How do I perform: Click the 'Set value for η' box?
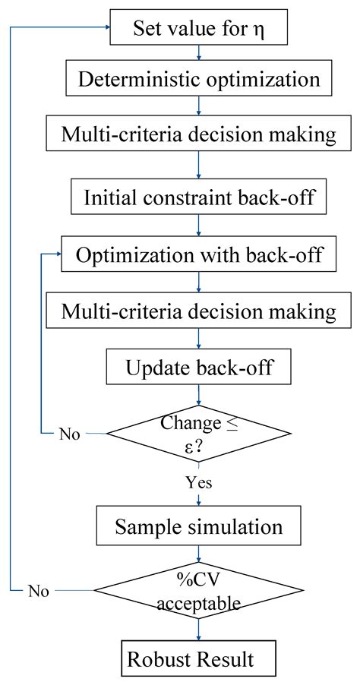tap(198, 28)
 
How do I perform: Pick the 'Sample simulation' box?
tap(198, 526)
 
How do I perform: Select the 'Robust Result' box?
tap(198, 658)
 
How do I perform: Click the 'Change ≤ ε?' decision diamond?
tap(198, 434)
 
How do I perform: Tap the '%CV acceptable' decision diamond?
tap(198, 590)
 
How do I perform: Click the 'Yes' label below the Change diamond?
tap(199, 482)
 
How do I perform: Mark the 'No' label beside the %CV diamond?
tap(40, 590)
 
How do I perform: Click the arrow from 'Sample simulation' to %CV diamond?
tap(198, 554)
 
